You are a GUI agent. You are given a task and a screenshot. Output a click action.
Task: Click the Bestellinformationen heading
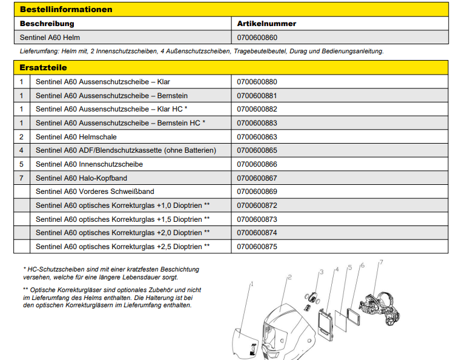point(66,10)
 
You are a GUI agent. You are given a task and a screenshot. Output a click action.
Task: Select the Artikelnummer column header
point(266,24)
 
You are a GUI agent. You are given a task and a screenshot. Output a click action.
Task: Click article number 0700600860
point(257,38)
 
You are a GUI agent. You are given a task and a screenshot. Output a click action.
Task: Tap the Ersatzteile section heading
point(43,67)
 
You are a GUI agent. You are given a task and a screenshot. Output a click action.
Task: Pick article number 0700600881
point(257,95)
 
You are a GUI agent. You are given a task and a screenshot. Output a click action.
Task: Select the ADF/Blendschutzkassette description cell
point(125,150)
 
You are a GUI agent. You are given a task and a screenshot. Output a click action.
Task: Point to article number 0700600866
point(257,164)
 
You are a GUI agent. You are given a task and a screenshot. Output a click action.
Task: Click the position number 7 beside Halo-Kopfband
point(21,178)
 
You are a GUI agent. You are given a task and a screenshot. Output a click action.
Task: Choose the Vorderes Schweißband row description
point(94,192)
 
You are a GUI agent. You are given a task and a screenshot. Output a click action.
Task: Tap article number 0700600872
point(257,205)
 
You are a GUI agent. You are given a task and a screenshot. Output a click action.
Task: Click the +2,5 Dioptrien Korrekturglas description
point(122,247)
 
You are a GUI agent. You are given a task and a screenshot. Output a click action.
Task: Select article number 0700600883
point(257,123)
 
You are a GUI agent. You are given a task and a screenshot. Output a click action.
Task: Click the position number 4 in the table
point(21,150)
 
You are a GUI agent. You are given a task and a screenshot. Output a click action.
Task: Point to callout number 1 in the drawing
point(251,283)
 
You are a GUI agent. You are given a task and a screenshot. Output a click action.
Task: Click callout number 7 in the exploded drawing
point(381,262)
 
